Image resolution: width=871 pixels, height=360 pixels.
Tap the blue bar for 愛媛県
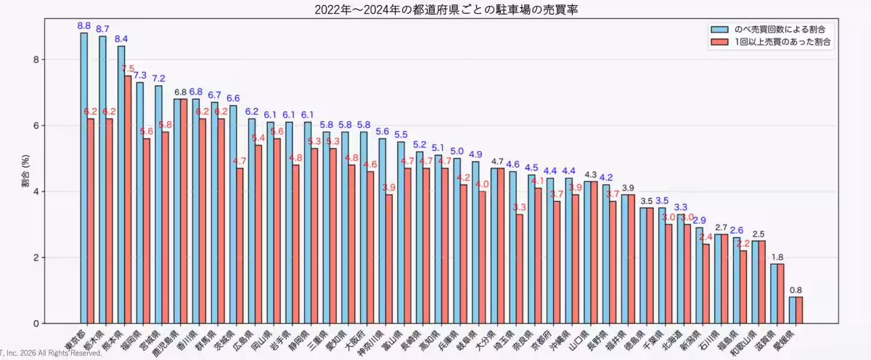(793, 310)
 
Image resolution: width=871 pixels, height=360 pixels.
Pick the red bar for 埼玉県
(519, 269)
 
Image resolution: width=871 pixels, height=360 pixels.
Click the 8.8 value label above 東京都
(83, 25)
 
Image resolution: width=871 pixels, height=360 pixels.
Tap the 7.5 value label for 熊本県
(128, 69)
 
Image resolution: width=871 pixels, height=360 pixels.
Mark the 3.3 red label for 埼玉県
(519, 208)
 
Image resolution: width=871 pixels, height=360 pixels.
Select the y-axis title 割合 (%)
(25, 171)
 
